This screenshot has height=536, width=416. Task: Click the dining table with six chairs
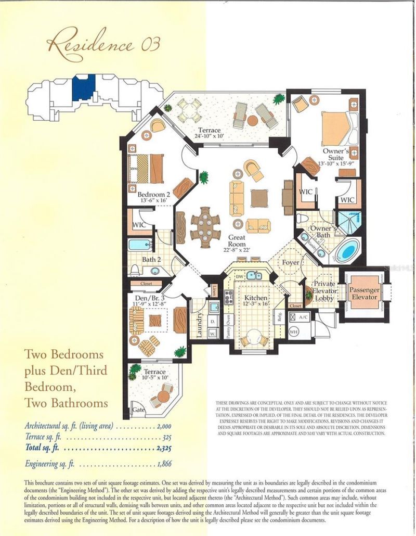[205, 224]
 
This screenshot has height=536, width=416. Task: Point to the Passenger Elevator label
[364, 293]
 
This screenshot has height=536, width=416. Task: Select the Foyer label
[290, 263]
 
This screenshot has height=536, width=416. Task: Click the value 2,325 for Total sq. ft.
[162, 447]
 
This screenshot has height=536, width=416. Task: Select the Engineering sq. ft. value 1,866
[162, 463]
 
